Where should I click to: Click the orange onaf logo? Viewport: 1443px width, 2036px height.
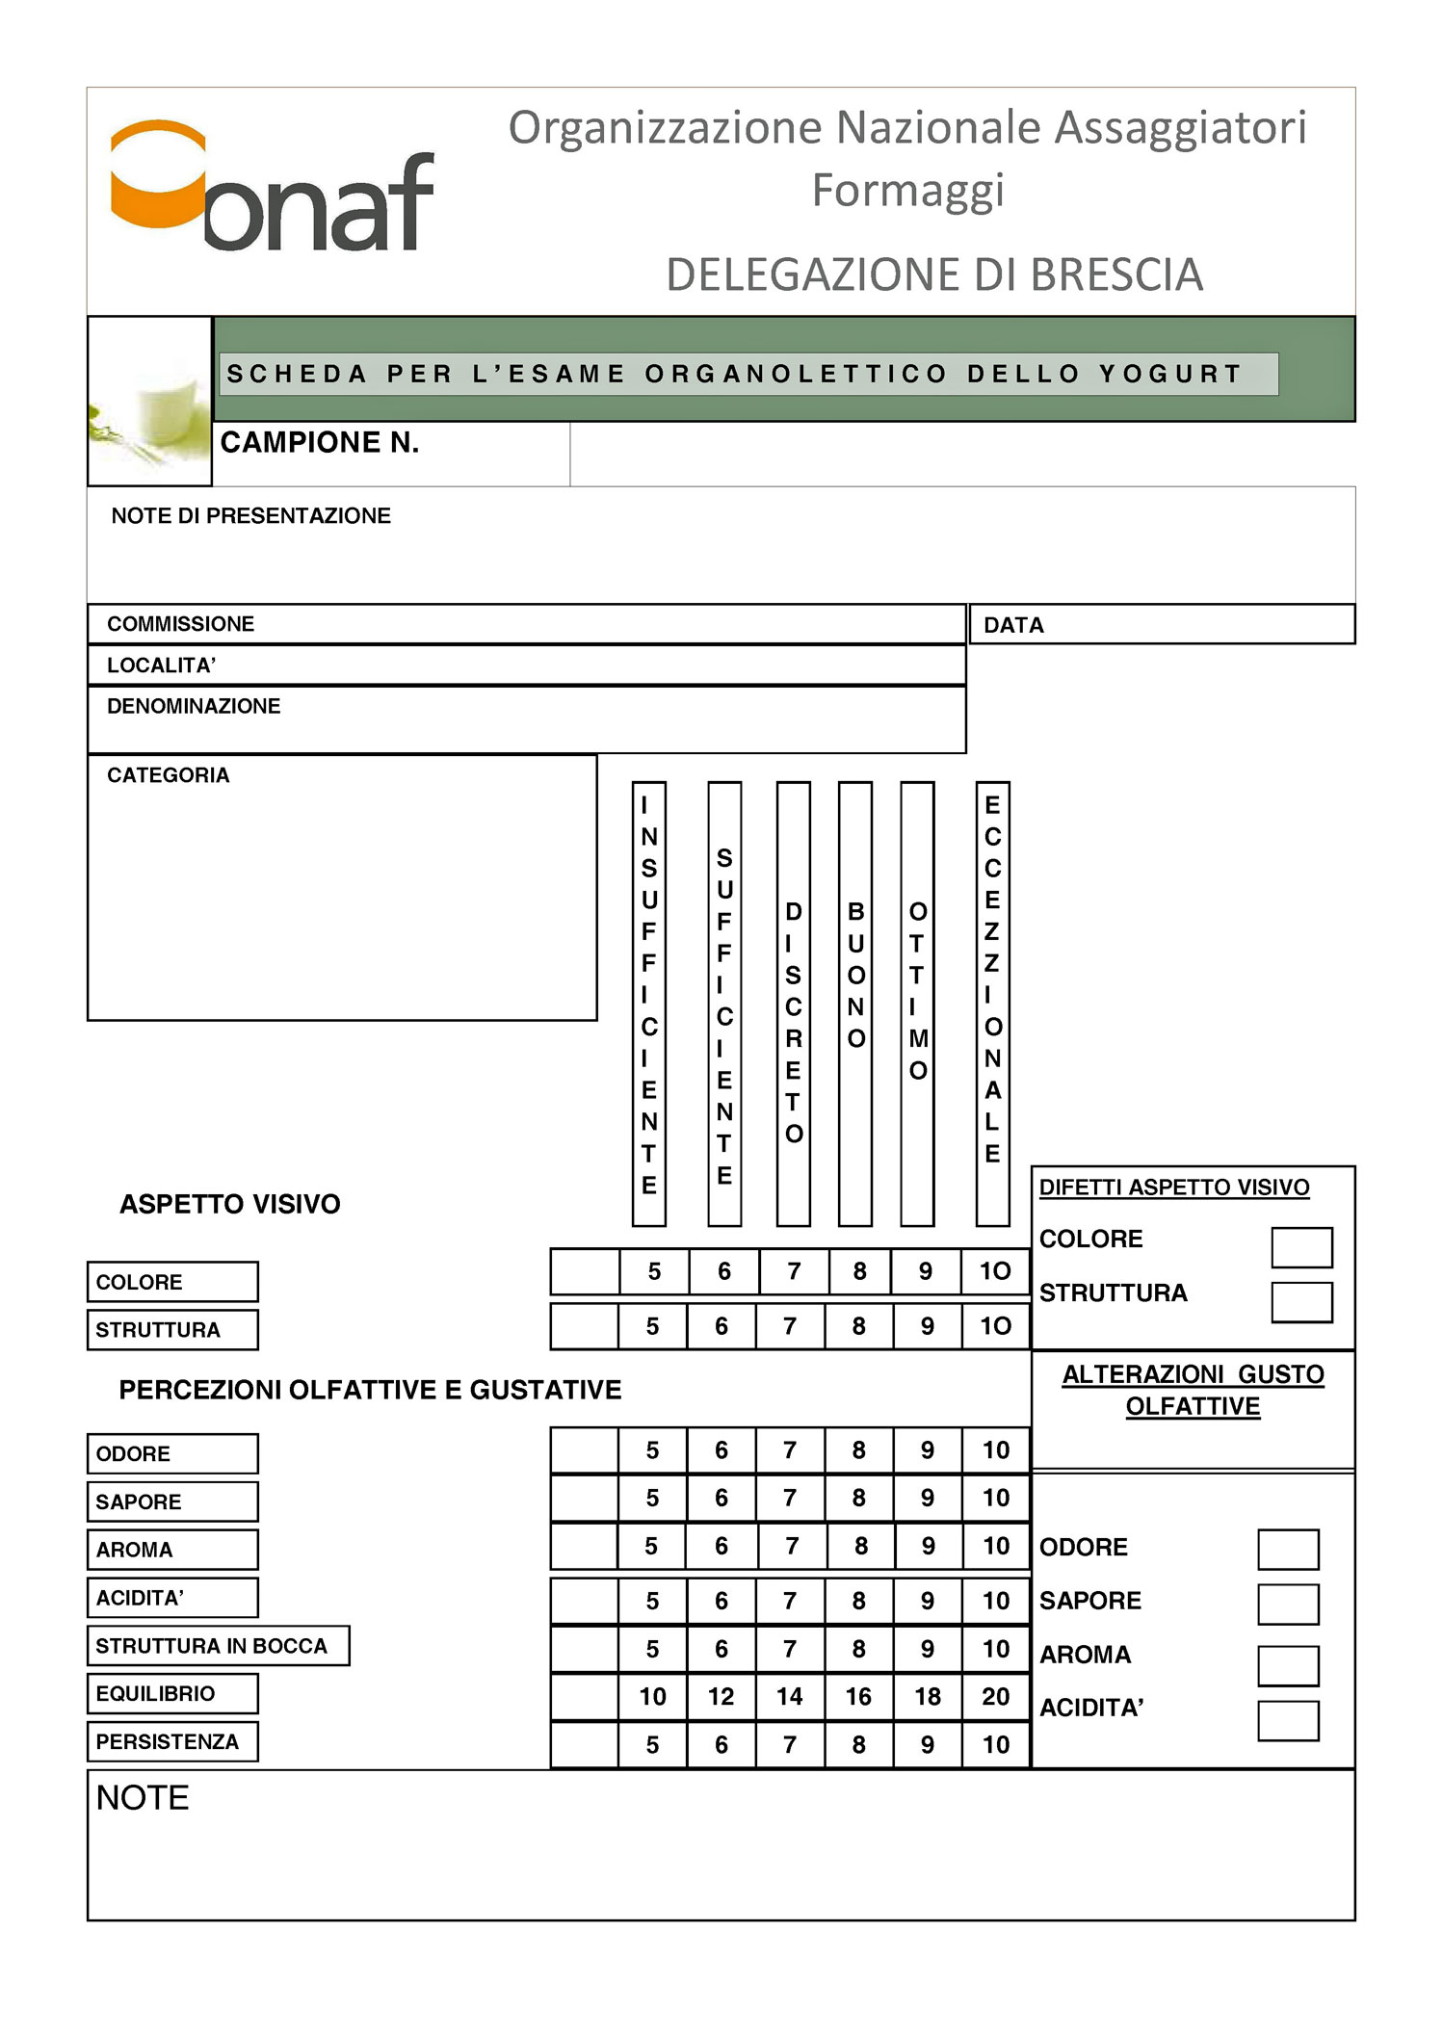272,187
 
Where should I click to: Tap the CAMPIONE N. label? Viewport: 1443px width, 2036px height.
320,443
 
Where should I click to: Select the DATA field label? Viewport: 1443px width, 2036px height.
1013,625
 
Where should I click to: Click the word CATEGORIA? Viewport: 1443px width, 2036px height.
169,775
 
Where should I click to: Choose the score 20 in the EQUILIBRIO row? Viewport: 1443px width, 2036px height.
996,1697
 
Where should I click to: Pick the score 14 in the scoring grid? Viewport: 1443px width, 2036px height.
790,1697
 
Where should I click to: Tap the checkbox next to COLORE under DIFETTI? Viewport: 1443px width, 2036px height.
1301,1247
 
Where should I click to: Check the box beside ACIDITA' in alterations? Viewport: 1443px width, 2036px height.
1288,1720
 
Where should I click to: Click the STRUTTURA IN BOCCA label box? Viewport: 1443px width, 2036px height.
218,1646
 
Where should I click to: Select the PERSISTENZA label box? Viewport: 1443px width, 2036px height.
172,1741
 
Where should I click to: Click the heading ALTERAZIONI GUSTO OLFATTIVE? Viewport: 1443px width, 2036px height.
1193,1390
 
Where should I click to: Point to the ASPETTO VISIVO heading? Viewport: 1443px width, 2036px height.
230,1204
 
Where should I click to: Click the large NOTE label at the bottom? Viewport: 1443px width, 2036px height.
143,1798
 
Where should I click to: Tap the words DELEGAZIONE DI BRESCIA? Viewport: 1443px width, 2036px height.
934,275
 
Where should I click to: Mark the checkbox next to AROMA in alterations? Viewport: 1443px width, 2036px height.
1288,1665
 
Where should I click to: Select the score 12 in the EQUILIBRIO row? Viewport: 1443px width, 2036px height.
721,1697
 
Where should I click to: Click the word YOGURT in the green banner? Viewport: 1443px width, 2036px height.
1170,374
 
